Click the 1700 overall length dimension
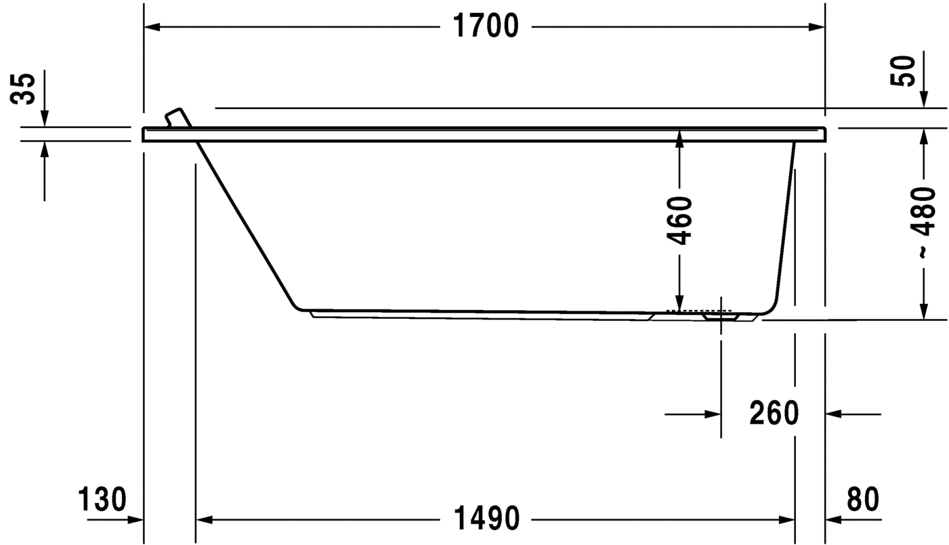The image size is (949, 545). (x=485, y=26)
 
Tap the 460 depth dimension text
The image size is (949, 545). (x=679, y=220)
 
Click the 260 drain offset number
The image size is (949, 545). (x=774, y=413)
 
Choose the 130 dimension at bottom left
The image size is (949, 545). (x=102, y=500)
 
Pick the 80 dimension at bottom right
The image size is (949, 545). (x=862, y=500)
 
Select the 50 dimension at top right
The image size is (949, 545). (x=906, y=70)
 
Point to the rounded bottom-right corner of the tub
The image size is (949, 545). (x=771, y=309)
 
